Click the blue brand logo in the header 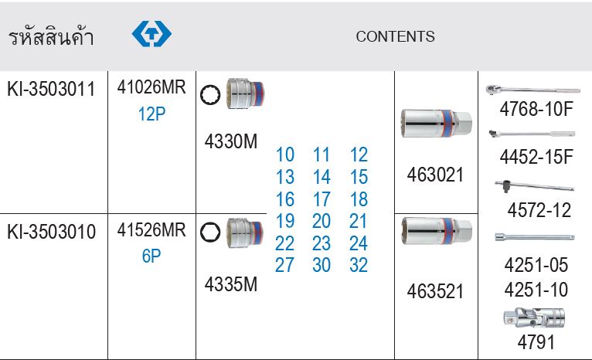(151, 33)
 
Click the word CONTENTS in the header (395, 36)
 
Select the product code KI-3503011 (51, 89)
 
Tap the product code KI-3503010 (51, 232)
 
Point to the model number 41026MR (151, 87)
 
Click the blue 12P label (151, 114)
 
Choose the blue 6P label (151, 256)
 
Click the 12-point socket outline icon (210, 95)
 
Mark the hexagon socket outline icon (210, 232)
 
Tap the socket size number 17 (322, 199)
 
